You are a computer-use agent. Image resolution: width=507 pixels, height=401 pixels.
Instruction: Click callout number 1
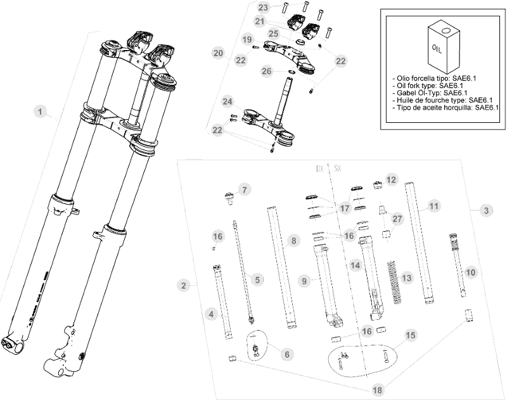41,112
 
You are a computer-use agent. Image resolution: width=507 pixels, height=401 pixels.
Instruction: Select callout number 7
245,189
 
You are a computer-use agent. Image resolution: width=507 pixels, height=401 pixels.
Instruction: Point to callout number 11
433,207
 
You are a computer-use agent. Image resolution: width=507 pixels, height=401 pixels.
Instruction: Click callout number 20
219,53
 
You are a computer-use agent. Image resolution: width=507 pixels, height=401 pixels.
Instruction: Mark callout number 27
397,219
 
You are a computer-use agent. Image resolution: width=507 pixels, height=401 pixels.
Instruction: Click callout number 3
485,210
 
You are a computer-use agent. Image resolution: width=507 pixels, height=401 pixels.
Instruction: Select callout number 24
228,101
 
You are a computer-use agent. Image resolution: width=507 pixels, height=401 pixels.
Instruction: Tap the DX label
321,170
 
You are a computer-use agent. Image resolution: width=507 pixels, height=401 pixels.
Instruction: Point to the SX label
338,170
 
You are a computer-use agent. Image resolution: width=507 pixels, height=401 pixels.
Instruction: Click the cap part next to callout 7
227,196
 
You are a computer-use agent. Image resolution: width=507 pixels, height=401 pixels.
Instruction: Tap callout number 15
411,335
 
